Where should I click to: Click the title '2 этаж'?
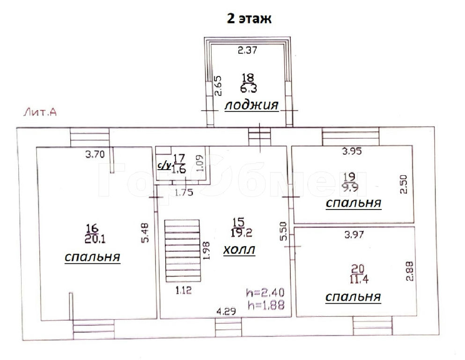pos(249,18)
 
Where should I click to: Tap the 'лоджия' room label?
pos(251,105)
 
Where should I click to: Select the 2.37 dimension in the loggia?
pos(248,50)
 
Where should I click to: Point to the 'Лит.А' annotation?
pos(40,112)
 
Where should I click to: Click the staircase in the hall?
pos(183,251)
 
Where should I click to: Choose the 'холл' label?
pos(239,250)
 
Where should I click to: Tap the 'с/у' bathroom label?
pos(164,165)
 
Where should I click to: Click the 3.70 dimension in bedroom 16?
pos(95,154)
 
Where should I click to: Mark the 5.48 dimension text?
pos(145,232)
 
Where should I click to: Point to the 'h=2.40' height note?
pos(265,292)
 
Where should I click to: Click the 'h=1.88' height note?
pos(266,305)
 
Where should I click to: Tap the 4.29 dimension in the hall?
pos(226,312)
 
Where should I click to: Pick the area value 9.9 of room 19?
pos(350,187)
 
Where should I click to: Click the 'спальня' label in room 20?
pos(353,297)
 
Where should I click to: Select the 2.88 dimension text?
pos(409,270)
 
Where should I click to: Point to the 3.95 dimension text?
pos(352,151)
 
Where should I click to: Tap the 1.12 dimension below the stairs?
pos(184,290)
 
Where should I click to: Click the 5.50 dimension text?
pos(284,231)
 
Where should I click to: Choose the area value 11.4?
pos(359,279)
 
